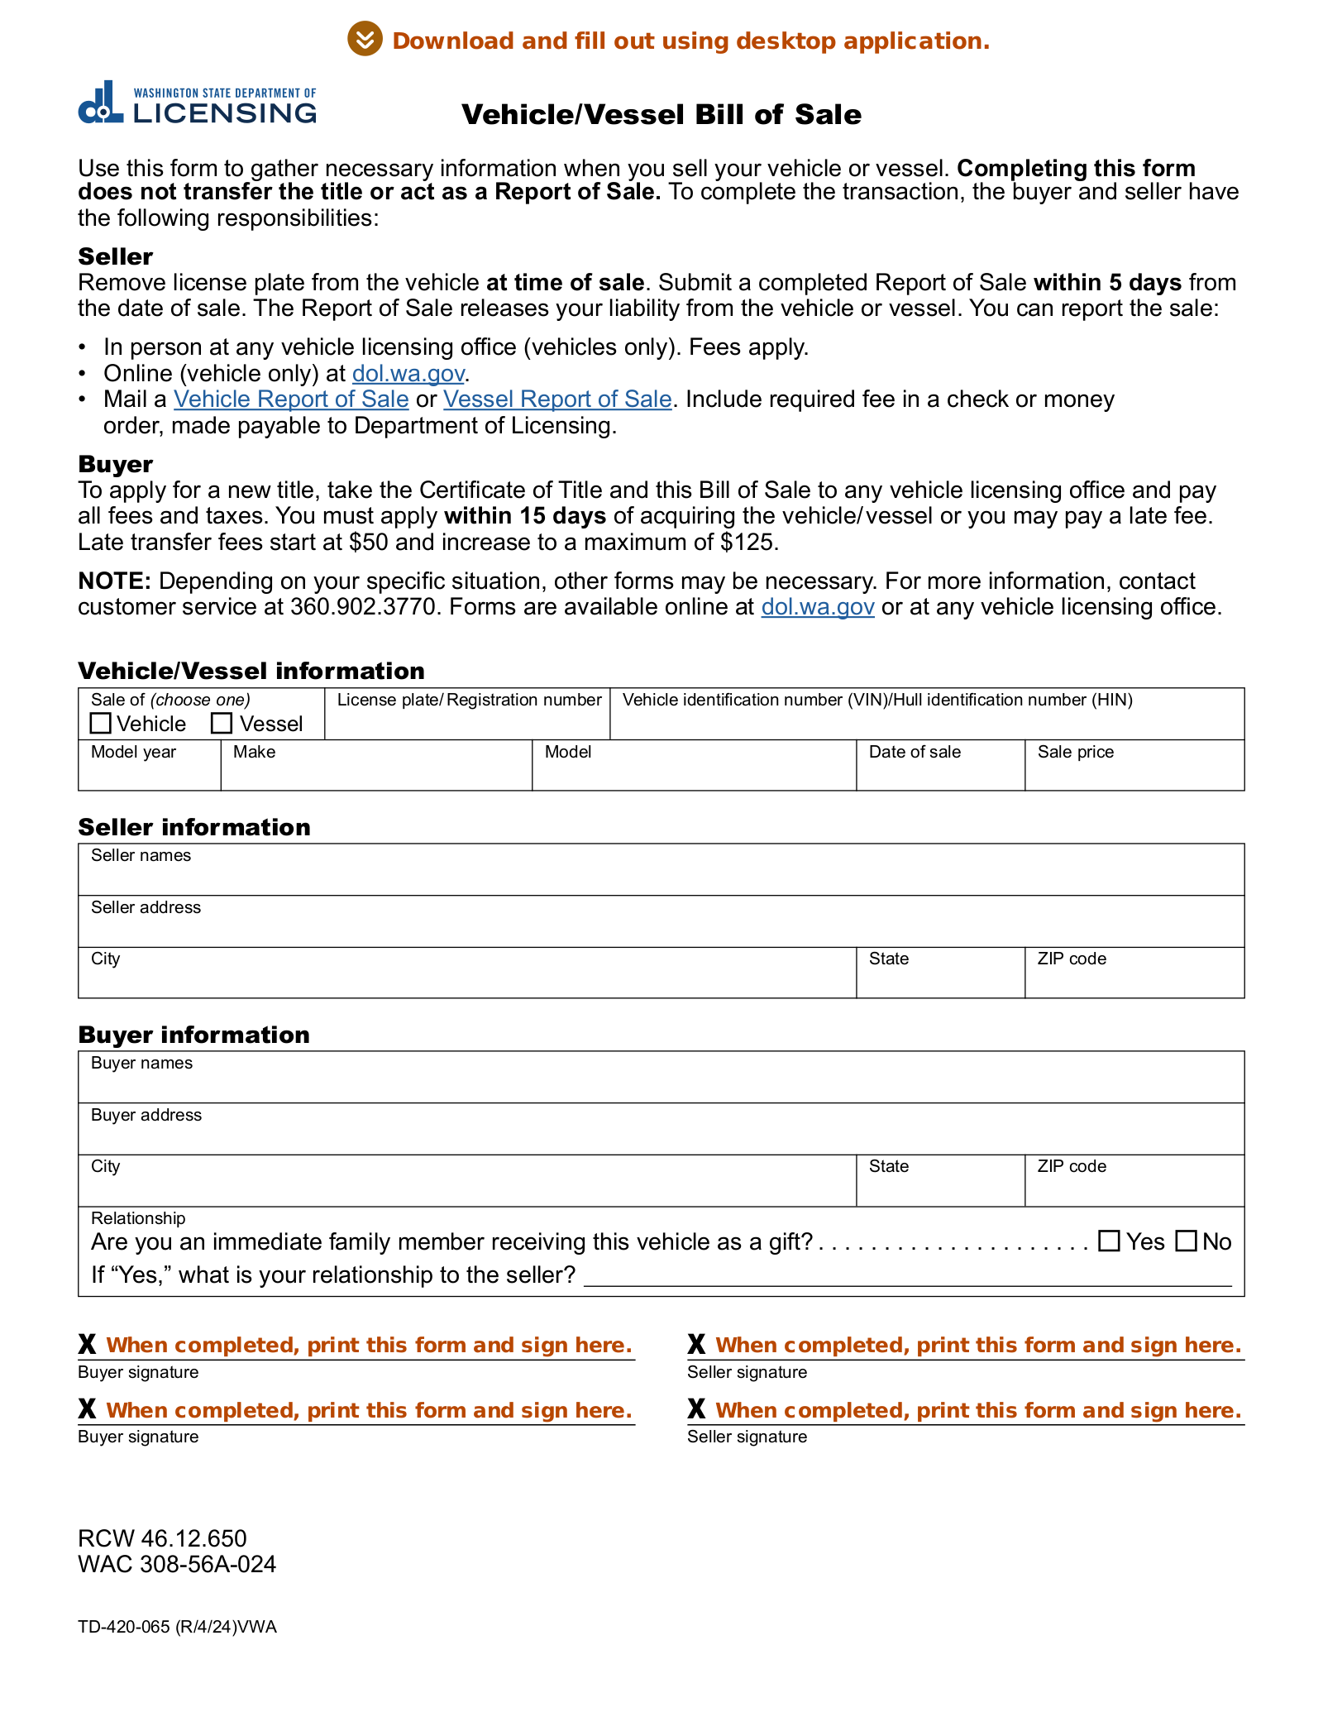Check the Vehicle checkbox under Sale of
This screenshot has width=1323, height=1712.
coord(100,723)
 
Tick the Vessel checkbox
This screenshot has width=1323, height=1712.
coord(222,723)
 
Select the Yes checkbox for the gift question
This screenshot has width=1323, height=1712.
coord(1109,1241)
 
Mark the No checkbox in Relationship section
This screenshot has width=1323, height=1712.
coord(1186,1241)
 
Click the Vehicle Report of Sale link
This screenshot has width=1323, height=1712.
coord(291,399)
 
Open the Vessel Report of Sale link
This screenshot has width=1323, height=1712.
coord(557,399)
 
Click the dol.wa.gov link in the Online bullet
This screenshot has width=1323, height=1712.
coord(408,374)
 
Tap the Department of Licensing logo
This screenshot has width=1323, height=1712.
coord(197,103)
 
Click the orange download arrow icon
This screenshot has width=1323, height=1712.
coord(365,39)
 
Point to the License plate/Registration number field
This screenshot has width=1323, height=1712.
coord(467,722)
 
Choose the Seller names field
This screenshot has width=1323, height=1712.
coord(661,877)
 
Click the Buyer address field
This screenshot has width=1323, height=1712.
coord(661,1136)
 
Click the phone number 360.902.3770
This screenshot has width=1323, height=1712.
coord(363,607)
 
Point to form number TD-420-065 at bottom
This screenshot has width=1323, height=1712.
coord(177,1627)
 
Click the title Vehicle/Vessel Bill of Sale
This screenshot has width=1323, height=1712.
coord(661,114)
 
